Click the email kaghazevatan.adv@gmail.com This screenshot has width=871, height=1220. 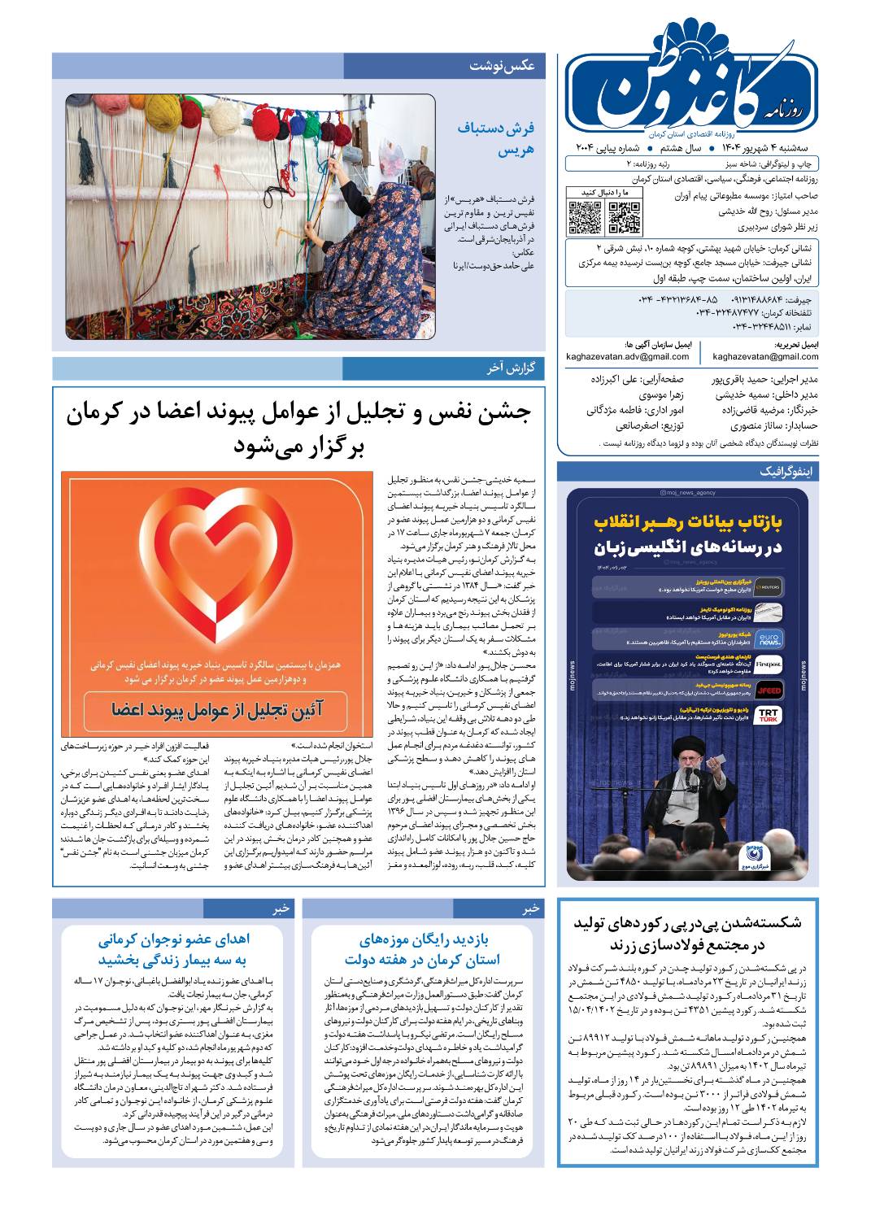pyautogui.click(x=627, y=356)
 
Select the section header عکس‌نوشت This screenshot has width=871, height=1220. pyautogui.click(x=502, y=66)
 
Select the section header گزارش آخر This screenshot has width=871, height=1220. pyautogui.click(x=511, y=368)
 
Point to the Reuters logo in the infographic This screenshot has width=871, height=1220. pyautogui.click(x=769, y=586)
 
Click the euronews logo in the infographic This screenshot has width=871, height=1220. pyautogui.click(x=769, y=639)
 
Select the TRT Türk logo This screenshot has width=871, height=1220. pyautogui.click(x=769, y=716)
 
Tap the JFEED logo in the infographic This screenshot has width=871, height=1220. pyautogui.click(x=769, y=691)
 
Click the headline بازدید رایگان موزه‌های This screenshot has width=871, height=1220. pyautogui.click(x=423, y=940)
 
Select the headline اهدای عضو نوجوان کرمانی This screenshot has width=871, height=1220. pyautogui.click(x=174, y=940)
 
